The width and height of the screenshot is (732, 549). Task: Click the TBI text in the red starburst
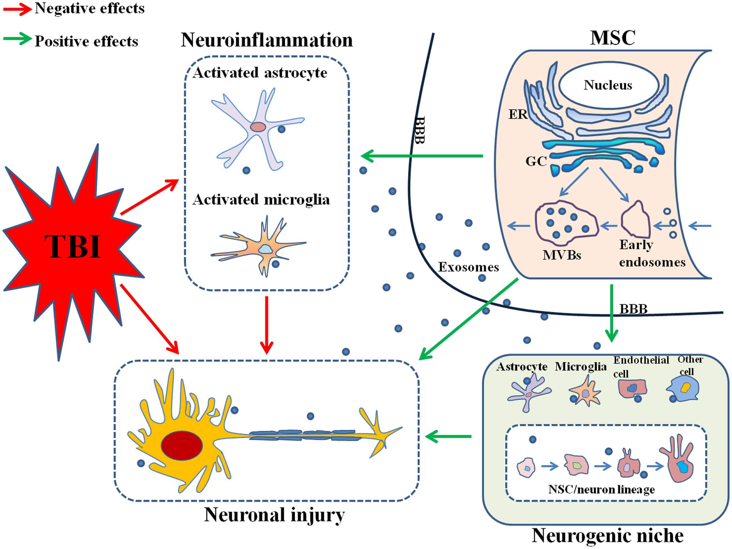point(73,246)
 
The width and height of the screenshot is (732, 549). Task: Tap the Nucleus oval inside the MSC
point(608,85)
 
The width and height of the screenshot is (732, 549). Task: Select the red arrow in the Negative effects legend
point(17,9)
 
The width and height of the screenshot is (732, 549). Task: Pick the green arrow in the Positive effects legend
point(17,39)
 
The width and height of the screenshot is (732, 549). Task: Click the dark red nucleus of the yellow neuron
point(182,445)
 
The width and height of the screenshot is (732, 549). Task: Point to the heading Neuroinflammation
point(267,40)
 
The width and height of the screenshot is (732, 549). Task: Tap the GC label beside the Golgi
point(536,161)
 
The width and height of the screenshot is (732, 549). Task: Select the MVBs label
point(562,255)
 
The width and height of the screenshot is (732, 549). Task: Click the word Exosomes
point(468,267)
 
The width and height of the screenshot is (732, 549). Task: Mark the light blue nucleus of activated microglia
point(265,249)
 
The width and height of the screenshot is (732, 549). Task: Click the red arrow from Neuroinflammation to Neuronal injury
point(267,324)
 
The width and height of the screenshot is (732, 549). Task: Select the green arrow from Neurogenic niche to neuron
point(448,436)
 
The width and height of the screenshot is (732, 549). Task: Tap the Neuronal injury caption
point(274,515)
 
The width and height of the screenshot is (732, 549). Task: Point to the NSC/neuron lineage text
point(601,489)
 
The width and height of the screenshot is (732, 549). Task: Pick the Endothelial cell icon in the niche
point(632,388)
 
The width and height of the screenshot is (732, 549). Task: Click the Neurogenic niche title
point(608,536)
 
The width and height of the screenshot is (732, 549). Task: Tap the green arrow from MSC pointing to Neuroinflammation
point(422,155)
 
